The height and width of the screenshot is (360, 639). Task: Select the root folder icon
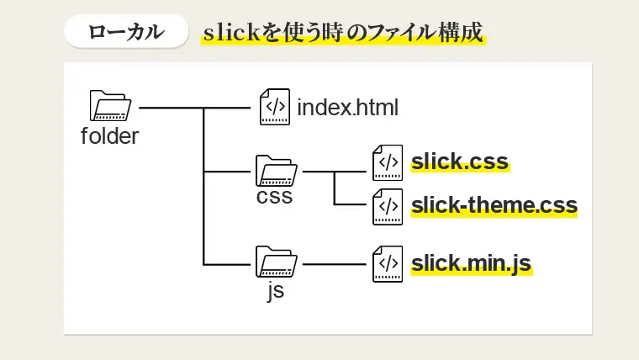point(109,106)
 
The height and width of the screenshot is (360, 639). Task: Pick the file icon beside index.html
point(275,108)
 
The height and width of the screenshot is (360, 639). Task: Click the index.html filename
point(347,109)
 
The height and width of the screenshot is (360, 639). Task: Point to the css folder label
point(275,198)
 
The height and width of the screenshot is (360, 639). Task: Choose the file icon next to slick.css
point(388,161)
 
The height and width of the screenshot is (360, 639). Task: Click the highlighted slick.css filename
point(460,161)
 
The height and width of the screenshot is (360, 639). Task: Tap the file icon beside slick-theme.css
point(388,206)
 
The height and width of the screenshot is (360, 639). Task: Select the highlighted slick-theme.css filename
point(494,206)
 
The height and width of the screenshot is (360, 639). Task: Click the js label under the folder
point(275,291)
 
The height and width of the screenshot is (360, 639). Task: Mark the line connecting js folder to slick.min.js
point(335,264)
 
